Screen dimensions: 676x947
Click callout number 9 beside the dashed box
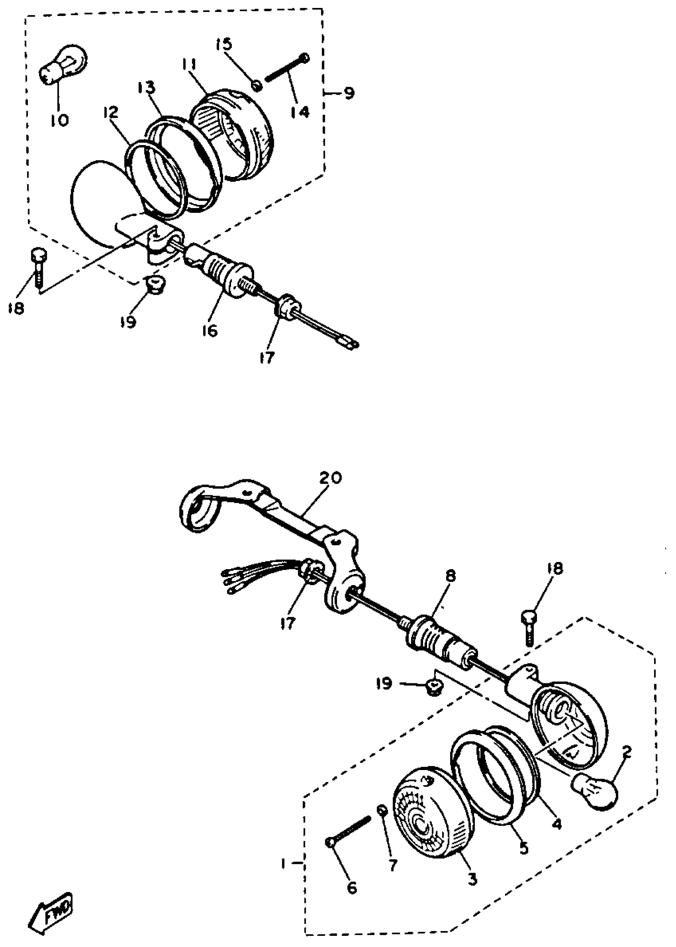click(349, 92)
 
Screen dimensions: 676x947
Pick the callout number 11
click(189, 66)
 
